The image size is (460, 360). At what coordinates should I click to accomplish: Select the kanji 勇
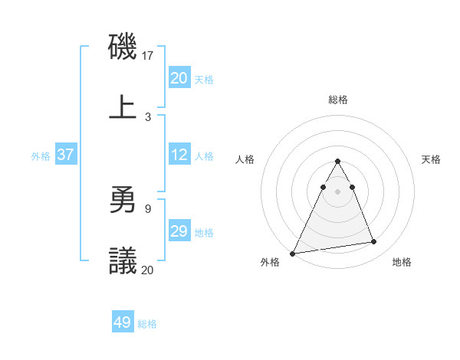pyautogui.click(x=123, y=201)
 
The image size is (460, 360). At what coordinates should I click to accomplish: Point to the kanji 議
pyautogui.click(x=123, y=261)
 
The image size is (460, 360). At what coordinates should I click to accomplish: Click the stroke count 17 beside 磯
pyautogui.click(x=148, y=56)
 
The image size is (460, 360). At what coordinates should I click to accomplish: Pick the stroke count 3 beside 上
pyautogui.click(x=148, y=116)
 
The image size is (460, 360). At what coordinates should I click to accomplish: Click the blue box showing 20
pyautogui.click(x=179, y=78)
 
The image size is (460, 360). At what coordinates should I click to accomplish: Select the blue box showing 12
pyautogui.click(x=179, y=155)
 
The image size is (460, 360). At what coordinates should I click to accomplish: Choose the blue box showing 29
pyautogui.click(x=179, y=231)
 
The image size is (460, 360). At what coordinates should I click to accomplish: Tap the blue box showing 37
pyautogui.click(x=65, y=155)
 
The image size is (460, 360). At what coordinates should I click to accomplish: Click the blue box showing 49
pyautogui.click(x=123, y=322)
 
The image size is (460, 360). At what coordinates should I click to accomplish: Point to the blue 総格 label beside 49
pyautogui.click(x=147, y=324)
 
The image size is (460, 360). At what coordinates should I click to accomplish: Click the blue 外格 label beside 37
pyautogui.click(x=41, y=156)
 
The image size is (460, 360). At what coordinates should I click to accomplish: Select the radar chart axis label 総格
pyautogui.click(x=338, y=100)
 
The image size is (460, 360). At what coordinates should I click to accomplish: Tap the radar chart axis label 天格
pyautogui.click(x=432, y=159)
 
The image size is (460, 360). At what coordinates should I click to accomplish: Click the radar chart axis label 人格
pyautogui.click(x=245, y=159)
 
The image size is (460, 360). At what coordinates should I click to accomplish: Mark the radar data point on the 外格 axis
pyautogui.click(x=293, y=253)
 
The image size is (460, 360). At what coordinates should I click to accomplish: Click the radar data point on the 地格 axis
pyautogui.click(x=374, y=242)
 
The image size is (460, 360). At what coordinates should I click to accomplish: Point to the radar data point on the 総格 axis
pyautogui.click(x=338, y=162)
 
